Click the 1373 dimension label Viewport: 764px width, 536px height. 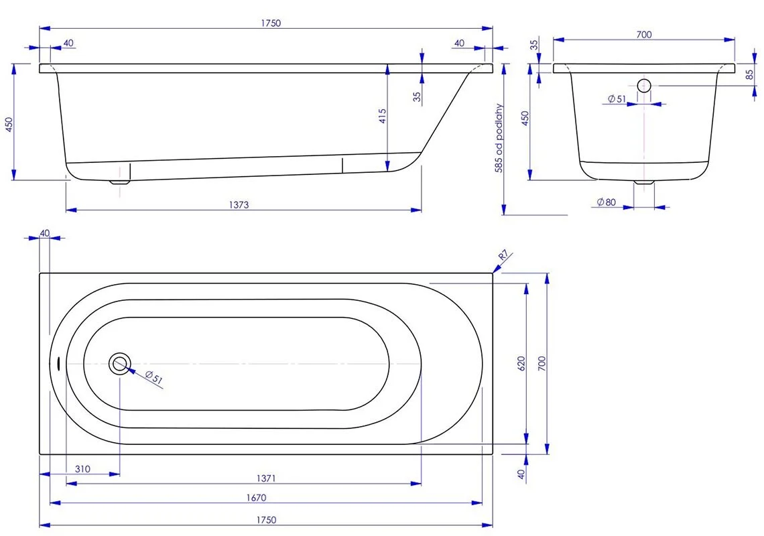tap(238, 205)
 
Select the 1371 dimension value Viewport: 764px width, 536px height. tap(265, 478)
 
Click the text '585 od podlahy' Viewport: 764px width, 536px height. tap(499, 139)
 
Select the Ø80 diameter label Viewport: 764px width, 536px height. tap(606, 202)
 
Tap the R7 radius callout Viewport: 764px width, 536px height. tap(504, 256)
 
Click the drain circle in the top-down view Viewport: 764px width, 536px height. tap(120, 363)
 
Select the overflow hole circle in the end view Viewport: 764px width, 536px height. tap(644, 85)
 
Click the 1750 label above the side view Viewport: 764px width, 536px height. tap(271, 23)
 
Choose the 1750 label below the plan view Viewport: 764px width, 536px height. tap(266, 520)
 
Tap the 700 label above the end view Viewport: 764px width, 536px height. tap(643, 35)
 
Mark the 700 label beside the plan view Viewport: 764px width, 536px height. tap(543, 363)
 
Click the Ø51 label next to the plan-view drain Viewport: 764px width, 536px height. tap(154, 379)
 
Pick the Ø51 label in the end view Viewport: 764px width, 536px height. tap(617, 99)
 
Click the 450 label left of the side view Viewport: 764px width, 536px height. tap(9, 125)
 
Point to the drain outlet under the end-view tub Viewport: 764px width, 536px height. tap(644, 182)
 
